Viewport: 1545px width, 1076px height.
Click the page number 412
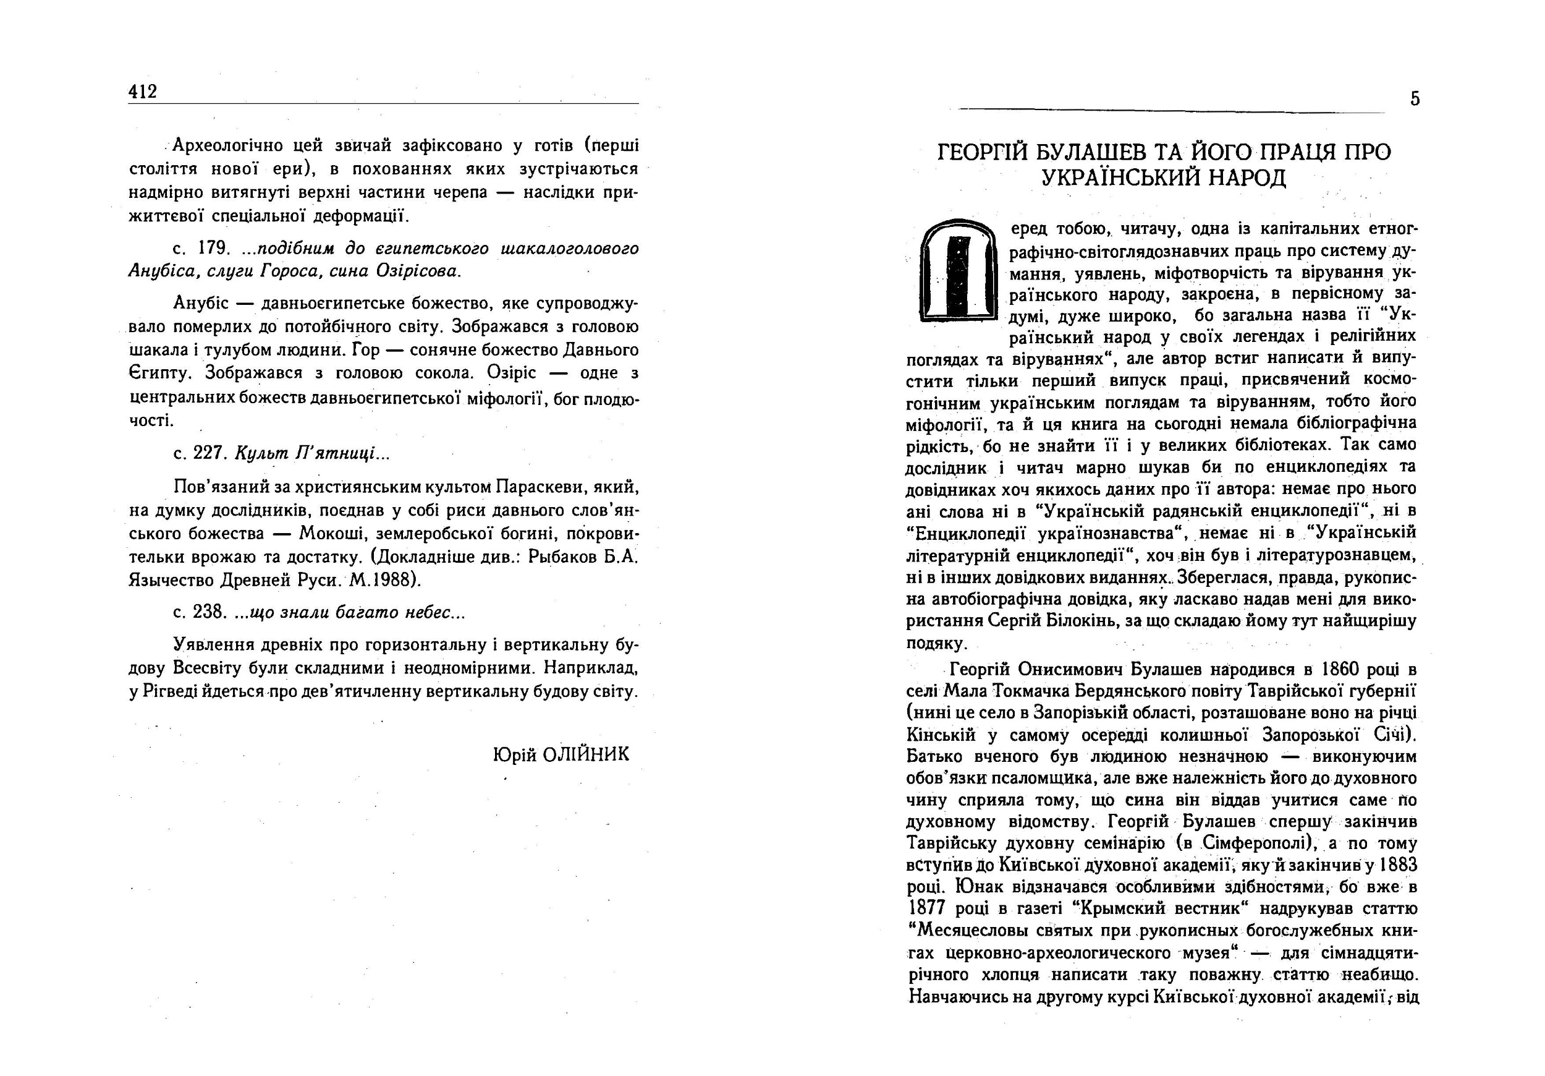(143, 92)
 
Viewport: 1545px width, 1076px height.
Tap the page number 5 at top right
(1415, 100)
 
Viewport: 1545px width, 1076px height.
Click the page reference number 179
(214, 249)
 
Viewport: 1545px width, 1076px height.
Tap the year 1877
(926, 908)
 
